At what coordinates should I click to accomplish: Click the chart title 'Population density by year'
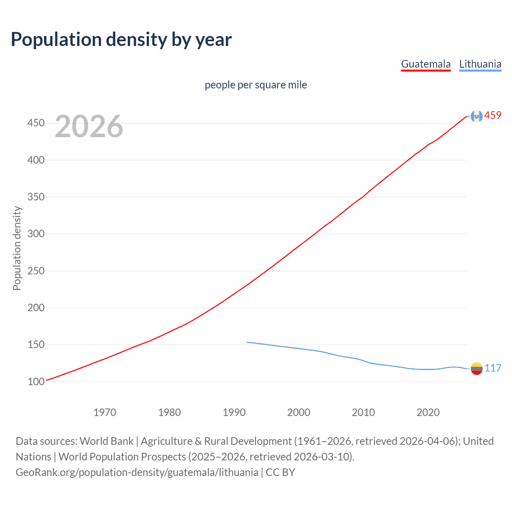(121, 40)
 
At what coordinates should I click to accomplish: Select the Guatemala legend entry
(426, 64)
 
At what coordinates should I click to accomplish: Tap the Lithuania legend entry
(480, 64)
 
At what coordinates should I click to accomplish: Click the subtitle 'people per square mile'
(256, 85)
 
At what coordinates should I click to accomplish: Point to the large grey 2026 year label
(89, 126)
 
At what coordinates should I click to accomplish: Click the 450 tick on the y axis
(36, 123)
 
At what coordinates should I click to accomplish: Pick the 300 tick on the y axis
(36, 234)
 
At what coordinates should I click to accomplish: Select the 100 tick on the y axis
(36, 382)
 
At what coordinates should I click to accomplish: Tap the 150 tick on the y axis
(36, 344)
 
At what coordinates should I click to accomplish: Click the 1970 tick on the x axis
(105, 412)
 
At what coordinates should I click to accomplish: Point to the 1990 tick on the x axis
(234, 412)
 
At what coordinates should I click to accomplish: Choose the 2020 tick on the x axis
(428, 412)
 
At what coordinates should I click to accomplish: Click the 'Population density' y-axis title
(17, 248)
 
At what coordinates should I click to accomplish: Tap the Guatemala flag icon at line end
(476, 116)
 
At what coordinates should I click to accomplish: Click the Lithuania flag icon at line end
(476, 368)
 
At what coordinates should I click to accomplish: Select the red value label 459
(493, 116)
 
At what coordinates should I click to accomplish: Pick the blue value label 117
(493, 368)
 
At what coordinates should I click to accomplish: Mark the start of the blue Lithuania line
(247, 342)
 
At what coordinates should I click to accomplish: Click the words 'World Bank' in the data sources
(106, 441)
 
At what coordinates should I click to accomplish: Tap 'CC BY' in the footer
(280, 472)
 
